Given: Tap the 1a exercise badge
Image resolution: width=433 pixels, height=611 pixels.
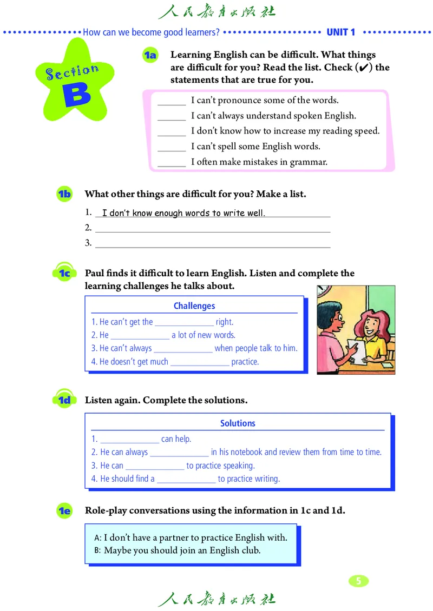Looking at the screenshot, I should (x=149, y=55).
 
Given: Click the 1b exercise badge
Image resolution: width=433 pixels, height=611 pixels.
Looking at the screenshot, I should (x=64, y=194).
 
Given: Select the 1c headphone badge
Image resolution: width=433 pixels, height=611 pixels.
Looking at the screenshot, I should (x=64, y=274).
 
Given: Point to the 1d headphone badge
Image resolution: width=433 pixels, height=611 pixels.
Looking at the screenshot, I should (x=64, y=400).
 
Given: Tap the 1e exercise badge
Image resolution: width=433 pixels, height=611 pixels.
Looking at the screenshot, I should (x=64, y=510).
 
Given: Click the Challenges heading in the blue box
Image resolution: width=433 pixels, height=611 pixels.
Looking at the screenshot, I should (x=194, y=306).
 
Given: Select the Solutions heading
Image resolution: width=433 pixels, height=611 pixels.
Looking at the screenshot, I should (x=238, y=423).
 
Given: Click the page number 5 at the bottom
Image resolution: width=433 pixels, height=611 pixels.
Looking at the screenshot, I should (x=358, y=581).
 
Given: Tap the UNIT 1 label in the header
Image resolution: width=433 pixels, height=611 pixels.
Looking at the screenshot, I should (x=341, y=32).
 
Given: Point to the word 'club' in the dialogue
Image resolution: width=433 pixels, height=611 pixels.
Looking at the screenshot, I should (x=251, y=551).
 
